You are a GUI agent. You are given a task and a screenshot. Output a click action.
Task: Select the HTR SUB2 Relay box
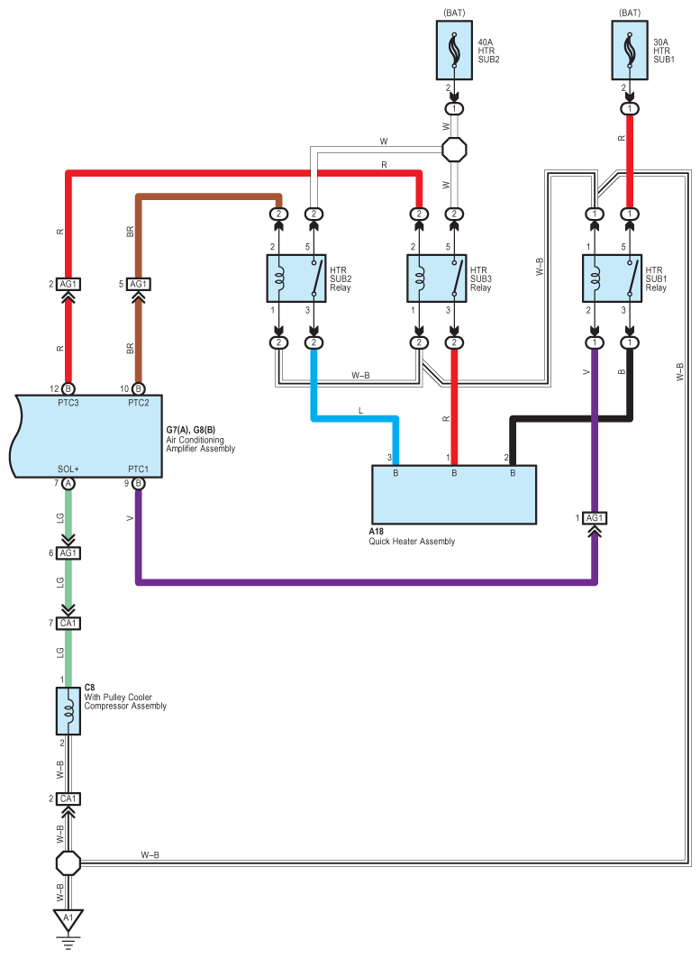coord(296,278)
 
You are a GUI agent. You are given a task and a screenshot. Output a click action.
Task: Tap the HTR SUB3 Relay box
coord(437,278)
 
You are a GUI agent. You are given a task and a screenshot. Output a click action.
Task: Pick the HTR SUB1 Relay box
coord(612,278)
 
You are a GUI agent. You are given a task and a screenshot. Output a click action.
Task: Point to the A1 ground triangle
coord(65,919)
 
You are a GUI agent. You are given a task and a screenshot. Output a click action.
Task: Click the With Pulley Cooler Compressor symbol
coord(68,711)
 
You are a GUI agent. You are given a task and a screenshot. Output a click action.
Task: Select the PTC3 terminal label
coord(68,402)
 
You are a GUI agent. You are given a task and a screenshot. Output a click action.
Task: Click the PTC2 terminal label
coord(138,402)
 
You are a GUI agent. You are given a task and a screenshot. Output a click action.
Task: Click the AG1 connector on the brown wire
coord(138,284)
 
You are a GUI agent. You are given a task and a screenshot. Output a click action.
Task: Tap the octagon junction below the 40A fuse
coord(454,149)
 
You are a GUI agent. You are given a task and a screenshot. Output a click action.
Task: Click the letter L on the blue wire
coord(360,410)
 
